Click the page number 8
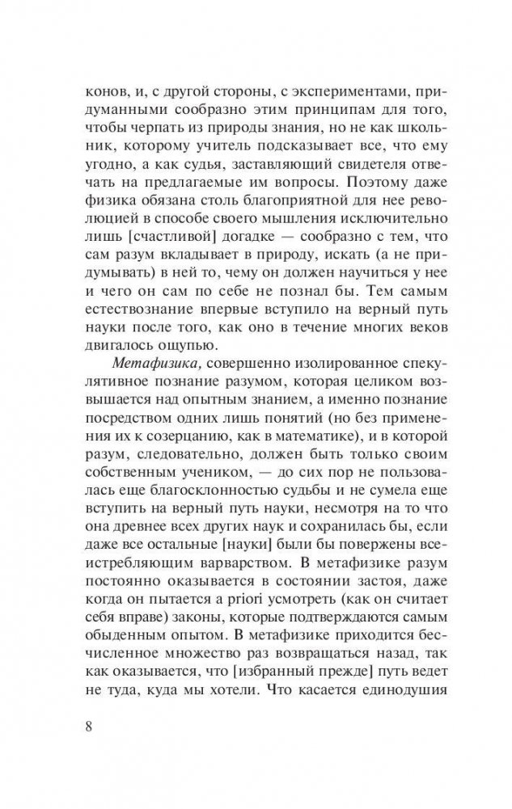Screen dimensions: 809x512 tap(89, 723)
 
